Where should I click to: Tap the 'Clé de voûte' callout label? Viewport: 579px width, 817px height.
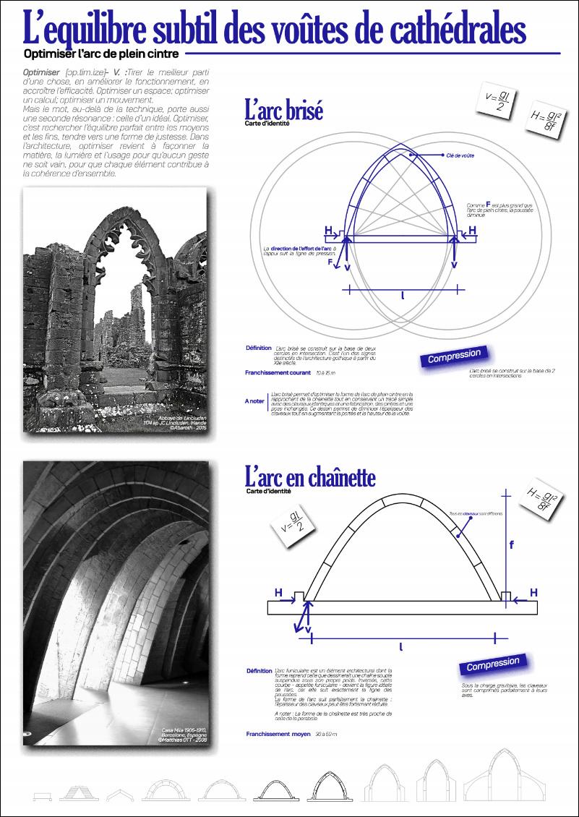[461, 155]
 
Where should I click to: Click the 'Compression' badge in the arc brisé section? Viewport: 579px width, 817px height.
[454, 356]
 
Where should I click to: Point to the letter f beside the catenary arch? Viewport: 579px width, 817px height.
[512, 544]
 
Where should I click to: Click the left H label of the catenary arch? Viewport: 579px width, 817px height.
[278, 593]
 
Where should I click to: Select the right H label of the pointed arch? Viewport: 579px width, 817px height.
[473, 231]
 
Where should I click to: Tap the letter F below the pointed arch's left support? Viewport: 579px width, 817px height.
[330, 262]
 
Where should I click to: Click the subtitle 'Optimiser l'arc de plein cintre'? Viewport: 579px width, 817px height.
[101, 53]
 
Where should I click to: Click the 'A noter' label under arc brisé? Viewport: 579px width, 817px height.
[254, 400]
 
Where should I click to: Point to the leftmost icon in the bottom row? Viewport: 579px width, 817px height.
[43, 795]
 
